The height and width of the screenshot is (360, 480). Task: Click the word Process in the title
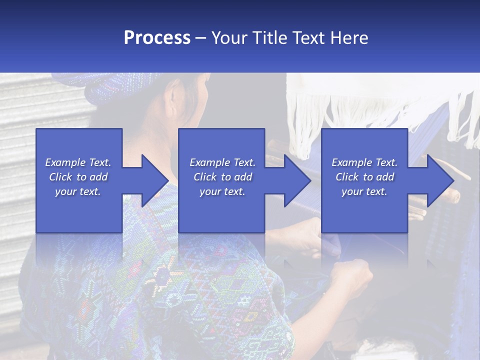pos(157,37)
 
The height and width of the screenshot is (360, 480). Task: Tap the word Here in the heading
pos(349,37)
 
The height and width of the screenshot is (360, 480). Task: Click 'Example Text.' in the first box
pos(78,162)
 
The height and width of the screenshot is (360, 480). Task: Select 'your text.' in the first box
pos(78,191)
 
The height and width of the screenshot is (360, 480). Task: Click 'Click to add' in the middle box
pos(222,177)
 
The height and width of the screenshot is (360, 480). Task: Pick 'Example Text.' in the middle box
pos(222,162)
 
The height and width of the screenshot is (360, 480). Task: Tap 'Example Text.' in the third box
pos(364,162)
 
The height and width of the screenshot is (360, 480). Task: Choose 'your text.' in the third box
pos(364,191)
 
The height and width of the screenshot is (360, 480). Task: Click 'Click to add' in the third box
pos(364,177)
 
